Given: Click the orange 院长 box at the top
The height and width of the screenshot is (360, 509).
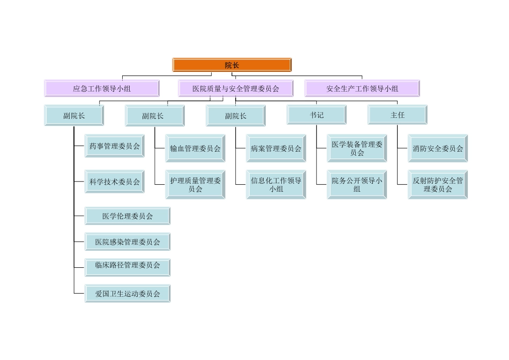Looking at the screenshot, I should coord(231,65).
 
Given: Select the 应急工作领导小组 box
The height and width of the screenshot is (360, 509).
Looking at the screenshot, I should coord(102,88).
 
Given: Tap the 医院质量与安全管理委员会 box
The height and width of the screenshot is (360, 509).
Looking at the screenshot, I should coord(236,88).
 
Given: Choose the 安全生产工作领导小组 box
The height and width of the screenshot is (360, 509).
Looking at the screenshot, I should coord(362,88).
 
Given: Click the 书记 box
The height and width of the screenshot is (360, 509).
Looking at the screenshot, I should coord(317,115).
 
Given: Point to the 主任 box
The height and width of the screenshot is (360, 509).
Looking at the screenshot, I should coord(398,115).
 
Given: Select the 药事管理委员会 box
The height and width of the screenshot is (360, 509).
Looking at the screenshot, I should coord(115,146).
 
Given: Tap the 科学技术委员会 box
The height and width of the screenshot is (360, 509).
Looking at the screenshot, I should coord(115,182).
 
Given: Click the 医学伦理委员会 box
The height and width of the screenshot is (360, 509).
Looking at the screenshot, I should coord(128,216).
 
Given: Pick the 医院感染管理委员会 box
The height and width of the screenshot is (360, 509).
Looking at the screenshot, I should coord(128,242).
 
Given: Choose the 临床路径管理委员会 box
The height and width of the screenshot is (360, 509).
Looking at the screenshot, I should coord(128,265).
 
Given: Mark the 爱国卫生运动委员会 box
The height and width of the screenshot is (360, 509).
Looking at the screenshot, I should coord(128,294).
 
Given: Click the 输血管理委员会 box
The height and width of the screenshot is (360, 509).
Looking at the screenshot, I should coord(195,148).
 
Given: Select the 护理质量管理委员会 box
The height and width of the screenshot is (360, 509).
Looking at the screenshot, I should coord(195,185).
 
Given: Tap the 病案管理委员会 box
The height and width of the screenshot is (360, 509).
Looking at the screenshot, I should coord(276,148).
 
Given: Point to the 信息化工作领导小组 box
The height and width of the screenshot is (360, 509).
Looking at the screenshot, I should coord(276,185).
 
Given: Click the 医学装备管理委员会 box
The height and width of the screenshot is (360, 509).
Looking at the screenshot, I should coord(357,148).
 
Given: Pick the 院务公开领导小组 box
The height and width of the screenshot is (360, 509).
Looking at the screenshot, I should coord(357,185).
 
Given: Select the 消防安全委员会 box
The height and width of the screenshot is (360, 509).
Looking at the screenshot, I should coord(438,148).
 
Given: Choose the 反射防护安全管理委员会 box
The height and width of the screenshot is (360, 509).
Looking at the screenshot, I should coord(438,185).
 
